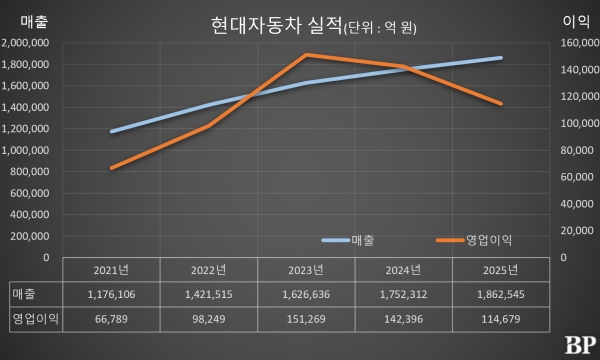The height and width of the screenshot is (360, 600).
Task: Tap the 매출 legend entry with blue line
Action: (x=348, y=240)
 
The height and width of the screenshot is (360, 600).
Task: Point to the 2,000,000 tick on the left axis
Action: (x=29, y=43)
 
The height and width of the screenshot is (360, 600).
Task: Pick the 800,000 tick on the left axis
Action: (x=32, y=172)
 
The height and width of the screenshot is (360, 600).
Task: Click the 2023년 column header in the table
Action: (x=306, y=271)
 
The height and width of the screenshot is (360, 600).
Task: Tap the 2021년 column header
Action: (x=111, y=271)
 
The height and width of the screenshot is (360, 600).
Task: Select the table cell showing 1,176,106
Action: (x=111, y=296)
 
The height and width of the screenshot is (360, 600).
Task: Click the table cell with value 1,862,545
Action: (x=501, y=296)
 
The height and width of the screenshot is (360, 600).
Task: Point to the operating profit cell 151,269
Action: (x=306, y=321)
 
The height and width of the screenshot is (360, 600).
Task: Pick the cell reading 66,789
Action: (x=111, y=321)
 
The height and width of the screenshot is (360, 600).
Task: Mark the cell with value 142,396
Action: (x=404, y=321)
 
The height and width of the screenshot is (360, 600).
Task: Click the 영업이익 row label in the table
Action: (x=33, y=321)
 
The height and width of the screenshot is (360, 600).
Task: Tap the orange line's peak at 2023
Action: (x=306, y=55)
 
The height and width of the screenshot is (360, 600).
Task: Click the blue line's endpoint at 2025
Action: (x=501, y=58)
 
